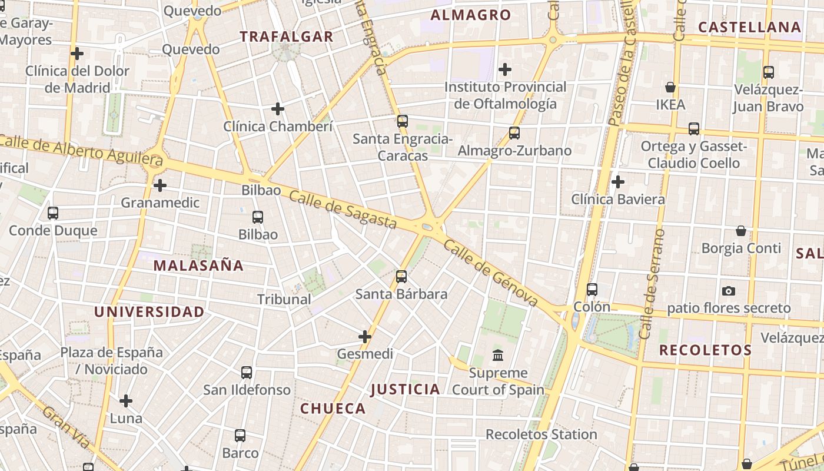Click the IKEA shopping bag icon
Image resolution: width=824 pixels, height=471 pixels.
[670, 87]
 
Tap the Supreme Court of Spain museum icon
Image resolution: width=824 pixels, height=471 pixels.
[498, 355]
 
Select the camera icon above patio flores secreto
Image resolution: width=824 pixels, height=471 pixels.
[729, 291]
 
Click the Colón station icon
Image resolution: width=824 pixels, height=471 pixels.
[592, 290]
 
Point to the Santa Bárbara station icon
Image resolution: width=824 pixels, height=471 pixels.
[401, 276]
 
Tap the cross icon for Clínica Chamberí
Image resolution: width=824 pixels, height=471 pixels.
[278, 109]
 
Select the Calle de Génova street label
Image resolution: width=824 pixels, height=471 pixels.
[490, 273]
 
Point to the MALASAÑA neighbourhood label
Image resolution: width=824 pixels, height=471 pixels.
[198, 266]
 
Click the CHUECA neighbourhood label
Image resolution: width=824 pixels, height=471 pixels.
[333, 409]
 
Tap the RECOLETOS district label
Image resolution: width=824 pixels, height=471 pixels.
[705, 350]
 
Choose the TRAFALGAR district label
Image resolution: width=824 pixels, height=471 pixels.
[287, 37]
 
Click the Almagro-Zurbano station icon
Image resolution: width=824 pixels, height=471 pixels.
[514, 133]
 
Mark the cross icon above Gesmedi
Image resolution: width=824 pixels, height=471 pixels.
[365, 337]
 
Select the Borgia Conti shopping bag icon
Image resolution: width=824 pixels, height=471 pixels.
[741, 231]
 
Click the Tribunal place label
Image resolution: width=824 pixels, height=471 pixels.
[284, 299]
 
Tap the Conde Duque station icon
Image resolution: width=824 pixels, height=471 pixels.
[53, 213]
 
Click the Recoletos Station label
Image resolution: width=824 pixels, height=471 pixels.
[541, 434]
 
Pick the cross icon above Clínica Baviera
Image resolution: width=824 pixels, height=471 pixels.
[618, 182]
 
